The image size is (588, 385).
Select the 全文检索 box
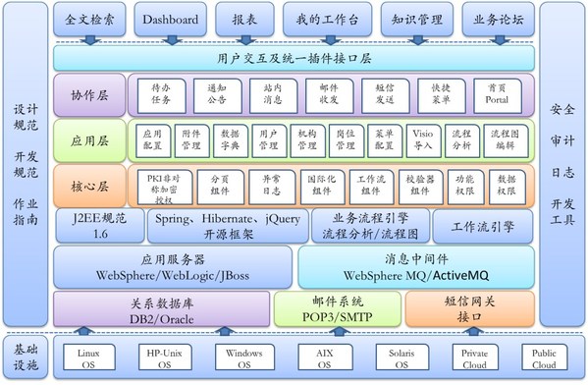[x=91, y=18]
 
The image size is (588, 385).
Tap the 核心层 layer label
[x=89, y=184]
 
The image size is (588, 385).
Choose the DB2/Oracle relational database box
[x=161, y=309]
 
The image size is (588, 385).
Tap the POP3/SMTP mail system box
[x=338, y=309]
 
